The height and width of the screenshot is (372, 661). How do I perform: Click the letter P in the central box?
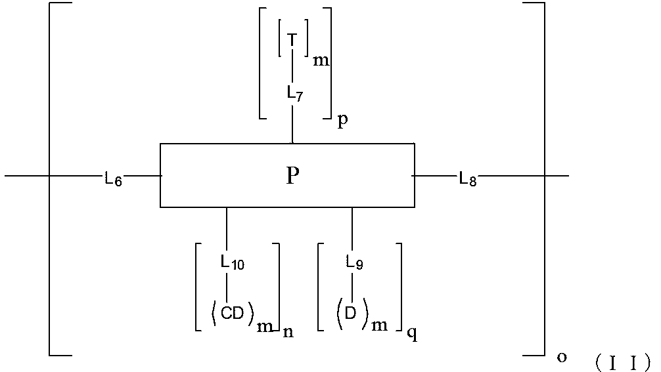click(292, 176)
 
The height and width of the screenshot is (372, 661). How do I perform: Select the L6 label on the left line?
click(113, 179)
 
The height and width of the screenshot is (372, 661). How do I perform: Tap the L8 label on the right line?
click(468, 179)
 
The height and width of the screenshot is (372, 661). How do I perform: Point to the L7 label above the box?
click(294, 93)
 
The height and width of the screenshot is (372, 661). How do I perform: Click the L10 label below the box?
click(233, 263)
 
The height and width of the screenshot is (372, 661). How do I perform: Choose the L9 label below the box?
click(355, 263)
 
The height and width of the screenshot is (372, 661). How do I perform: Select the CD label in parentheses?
click(232, 314)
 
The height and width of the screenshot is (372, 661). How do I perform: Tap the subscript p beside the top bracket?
click(342, 122)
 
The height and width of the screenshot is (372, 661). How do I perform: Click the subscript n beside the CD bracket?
click(288, 332)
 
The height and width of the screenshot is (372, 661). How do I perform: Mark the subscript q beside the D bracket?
click(411, 333)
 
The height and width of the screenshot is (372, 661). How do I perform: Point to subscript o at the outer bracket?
click(562, 356)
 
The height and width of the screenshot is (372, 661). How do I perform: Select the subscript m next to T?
click(321, 61)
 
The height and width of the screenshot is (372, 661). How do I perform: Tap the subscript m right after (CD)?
click(265, 327)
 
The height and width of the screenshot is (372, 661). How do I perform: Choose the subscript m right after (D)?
click(379, 325)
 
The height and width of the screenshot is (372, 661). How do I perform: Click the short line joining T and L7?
click(292, 68)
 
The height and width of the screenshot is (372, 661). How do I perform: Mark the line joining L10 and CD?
click(227, 287)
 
